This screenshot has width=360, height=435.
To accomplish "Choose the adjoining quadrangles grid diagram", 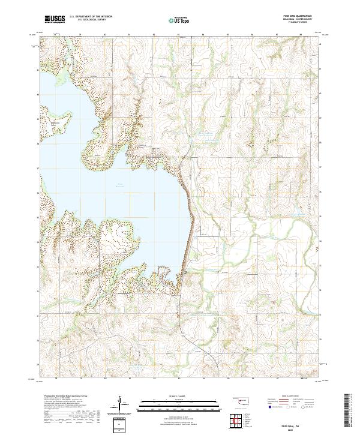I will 236,421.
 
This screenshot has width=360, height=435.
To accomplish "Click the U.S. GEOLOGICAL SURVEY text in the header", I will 88,20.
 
